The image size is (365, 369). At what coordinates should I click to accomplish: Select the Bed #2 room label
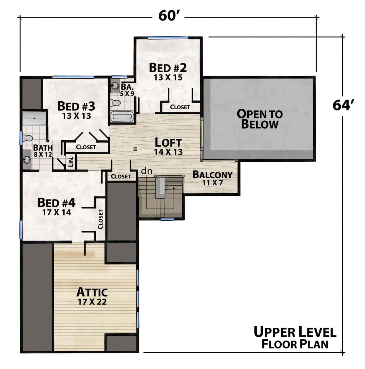pos(168,68)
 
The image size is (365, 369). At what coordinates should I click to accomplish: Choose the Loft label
pos(168,142)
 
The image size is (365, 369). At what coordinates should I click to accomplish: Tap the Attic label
pos(92,292)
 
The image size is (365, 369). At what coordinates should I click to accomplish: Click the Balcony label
pos(212,174)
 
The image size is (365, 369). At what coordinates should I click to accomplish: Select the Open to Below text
pos(260,119)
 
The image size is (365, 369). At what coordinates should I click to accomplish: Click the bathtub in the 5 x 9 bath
pos(122,117)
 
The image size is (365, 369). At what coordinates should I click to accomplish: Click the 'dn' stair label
pos(147,171)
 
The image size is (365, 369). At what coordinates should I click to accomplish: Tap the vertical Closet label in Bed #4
pos(100,219)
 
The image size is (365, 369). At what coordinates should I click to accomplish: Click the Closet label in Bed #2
pos(180,107)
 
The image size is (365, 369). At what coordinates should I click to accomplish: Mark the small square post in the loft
pos(135,149)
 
